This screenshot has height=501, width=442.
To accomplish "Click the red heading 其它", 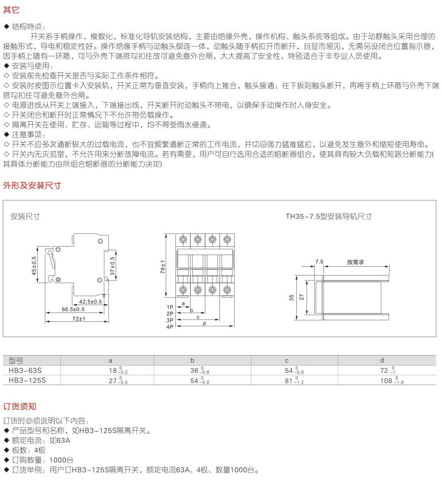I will [11, 10].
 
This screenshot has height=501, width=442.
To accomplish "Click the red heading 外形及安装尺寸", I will [32, 185].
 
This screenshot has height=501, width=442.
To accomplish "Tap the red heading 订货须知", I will [20, 407].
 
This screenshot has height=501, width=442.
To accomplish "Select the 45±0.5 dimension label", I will [34, 266].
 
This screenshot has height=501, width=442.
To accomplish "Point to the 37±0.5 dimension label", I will [112, 266].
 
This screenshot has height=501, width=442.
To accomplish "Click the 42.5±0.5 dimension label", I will [90, 302].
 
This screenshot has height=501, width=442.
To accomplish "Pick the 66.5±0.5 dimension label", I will [73, 309].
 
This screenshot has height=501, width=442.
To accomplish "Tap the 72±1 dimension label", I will [79, 319].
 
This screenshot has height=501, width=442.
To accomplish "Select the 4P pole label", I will [170, 327].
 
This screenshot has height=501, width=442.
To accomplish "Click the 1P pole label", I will [170, 307].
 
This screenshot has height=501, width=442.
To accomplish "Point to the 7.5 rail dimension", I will [319, 262].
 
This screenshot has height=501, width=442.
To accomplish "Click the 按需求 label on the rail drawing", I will [355, 262].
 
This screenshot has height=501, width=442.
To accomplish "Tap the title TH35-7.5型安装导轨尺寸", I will [328, 217].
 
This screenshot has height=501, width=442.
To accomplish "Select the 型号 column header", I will [16, 361].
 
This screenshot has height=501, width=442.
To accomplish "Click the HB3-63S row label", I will [25, 371].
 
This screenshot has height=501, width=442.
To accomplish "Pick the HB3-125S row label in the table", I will [27, 381].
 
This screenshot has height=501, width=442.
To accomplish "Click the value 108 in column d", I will [386, 381].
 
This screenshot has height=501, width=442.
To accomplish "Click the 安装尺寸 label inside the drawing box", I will [25, 217].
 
